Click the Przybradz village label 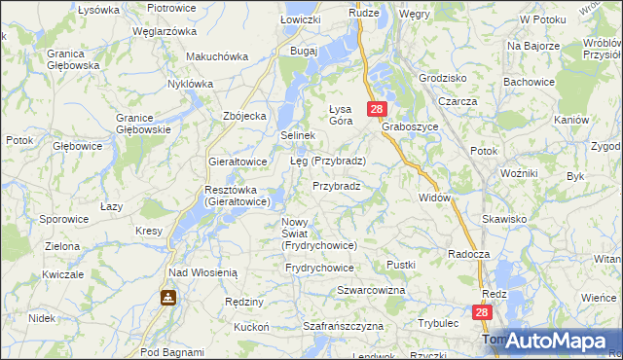click(337, 186)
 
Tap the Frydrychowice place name click(319, 268)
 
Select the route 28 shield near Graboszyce click(378, 110)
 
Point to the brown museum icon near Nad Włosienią click(169, 296)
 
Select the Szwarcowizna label click(370, 291)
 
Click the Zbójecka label click(244, 116)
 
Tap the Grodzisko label click(442, 77)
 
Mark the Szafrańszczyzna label click(340, 327)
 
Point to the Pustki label click(400, 265)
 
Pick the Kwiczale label click(62, 274)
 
